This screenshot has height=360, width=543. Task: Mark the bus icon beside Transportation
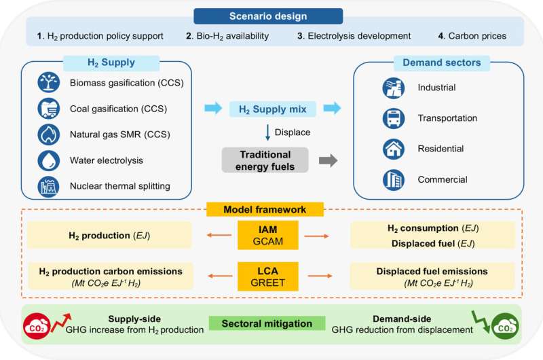pos(391,118)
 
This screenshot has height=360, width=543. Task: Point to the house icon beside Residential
pos(391,148)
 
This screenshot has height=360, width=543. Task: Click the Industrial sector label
pos(436,88)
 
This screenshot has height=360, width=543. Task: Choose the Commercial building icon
pos(391,179)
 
